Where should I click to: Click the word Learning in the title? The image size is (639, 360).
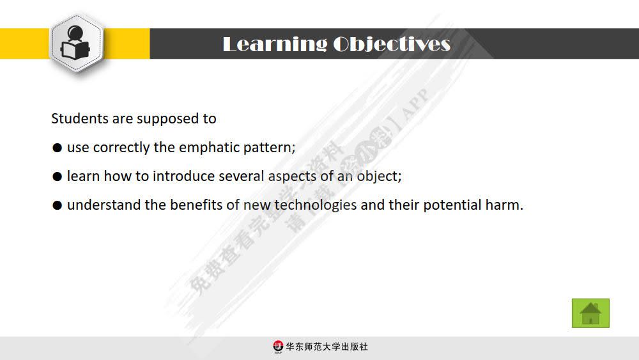[x=274, y=44]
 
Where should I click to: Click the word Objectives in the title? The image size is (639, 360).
[x=392, y=44]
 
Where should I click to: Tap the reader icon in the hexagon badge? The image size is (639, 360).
[x=76, y=43]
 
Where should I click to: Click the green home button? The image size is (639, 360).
[x=590, y=313]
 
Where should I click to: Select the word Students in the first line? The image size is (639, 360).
[x=80, y=119]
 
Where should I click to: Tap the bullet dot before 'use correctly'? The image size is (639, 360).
[x=57, y=148]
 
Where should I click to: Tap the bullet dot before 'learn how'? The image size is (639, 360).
[x=57, y=176]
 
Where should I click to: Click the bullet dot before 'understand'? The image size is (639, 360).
[x=57, y=206]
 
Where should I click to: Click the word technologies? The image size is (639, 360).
[x=316, y=205]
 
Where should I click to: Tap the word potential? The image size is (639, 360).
[x=452, y=205]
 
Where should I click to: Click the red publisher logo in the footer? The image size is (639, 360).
[x=278, y=347]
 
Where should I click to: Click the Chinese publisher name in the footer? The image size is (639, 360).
[x=327, y=347]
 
